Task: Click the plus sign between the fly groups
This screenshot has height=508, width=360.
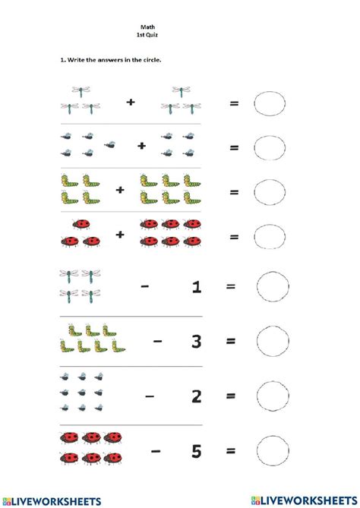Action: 141,145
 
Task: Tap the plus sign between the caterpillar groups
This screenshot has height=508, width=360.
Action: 120,190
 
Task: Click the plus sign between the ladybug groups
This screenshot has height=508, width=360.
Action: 120,235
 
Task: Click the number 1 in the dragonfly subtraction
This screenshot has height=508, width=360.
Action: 196,287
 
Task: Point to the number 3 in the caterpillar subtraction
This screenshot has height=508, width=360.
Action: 196,341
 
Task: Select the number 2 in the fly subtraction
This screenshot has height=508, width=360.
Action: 196,395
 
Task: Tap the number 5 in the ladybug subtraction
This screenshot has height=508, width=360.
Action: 196,452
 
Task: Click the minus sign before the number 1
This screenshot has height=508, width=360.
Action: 144,287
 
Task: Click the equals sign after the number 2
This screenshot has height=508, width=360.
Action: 231,396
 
